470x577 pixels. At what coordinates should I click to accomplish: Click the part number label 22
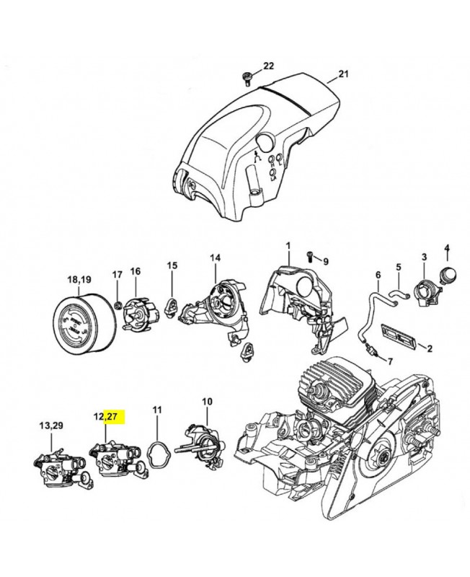coord(268,66)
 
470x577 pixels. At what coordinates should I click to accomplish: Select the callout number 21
coord(343,74)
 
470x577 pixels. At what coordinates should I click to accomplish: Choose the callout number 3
coord(425,257)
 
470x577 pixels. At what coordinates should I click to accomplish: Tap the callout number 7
coord(390,361)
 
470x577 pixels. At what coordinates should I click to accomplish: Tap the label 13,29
coord(50,426)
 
